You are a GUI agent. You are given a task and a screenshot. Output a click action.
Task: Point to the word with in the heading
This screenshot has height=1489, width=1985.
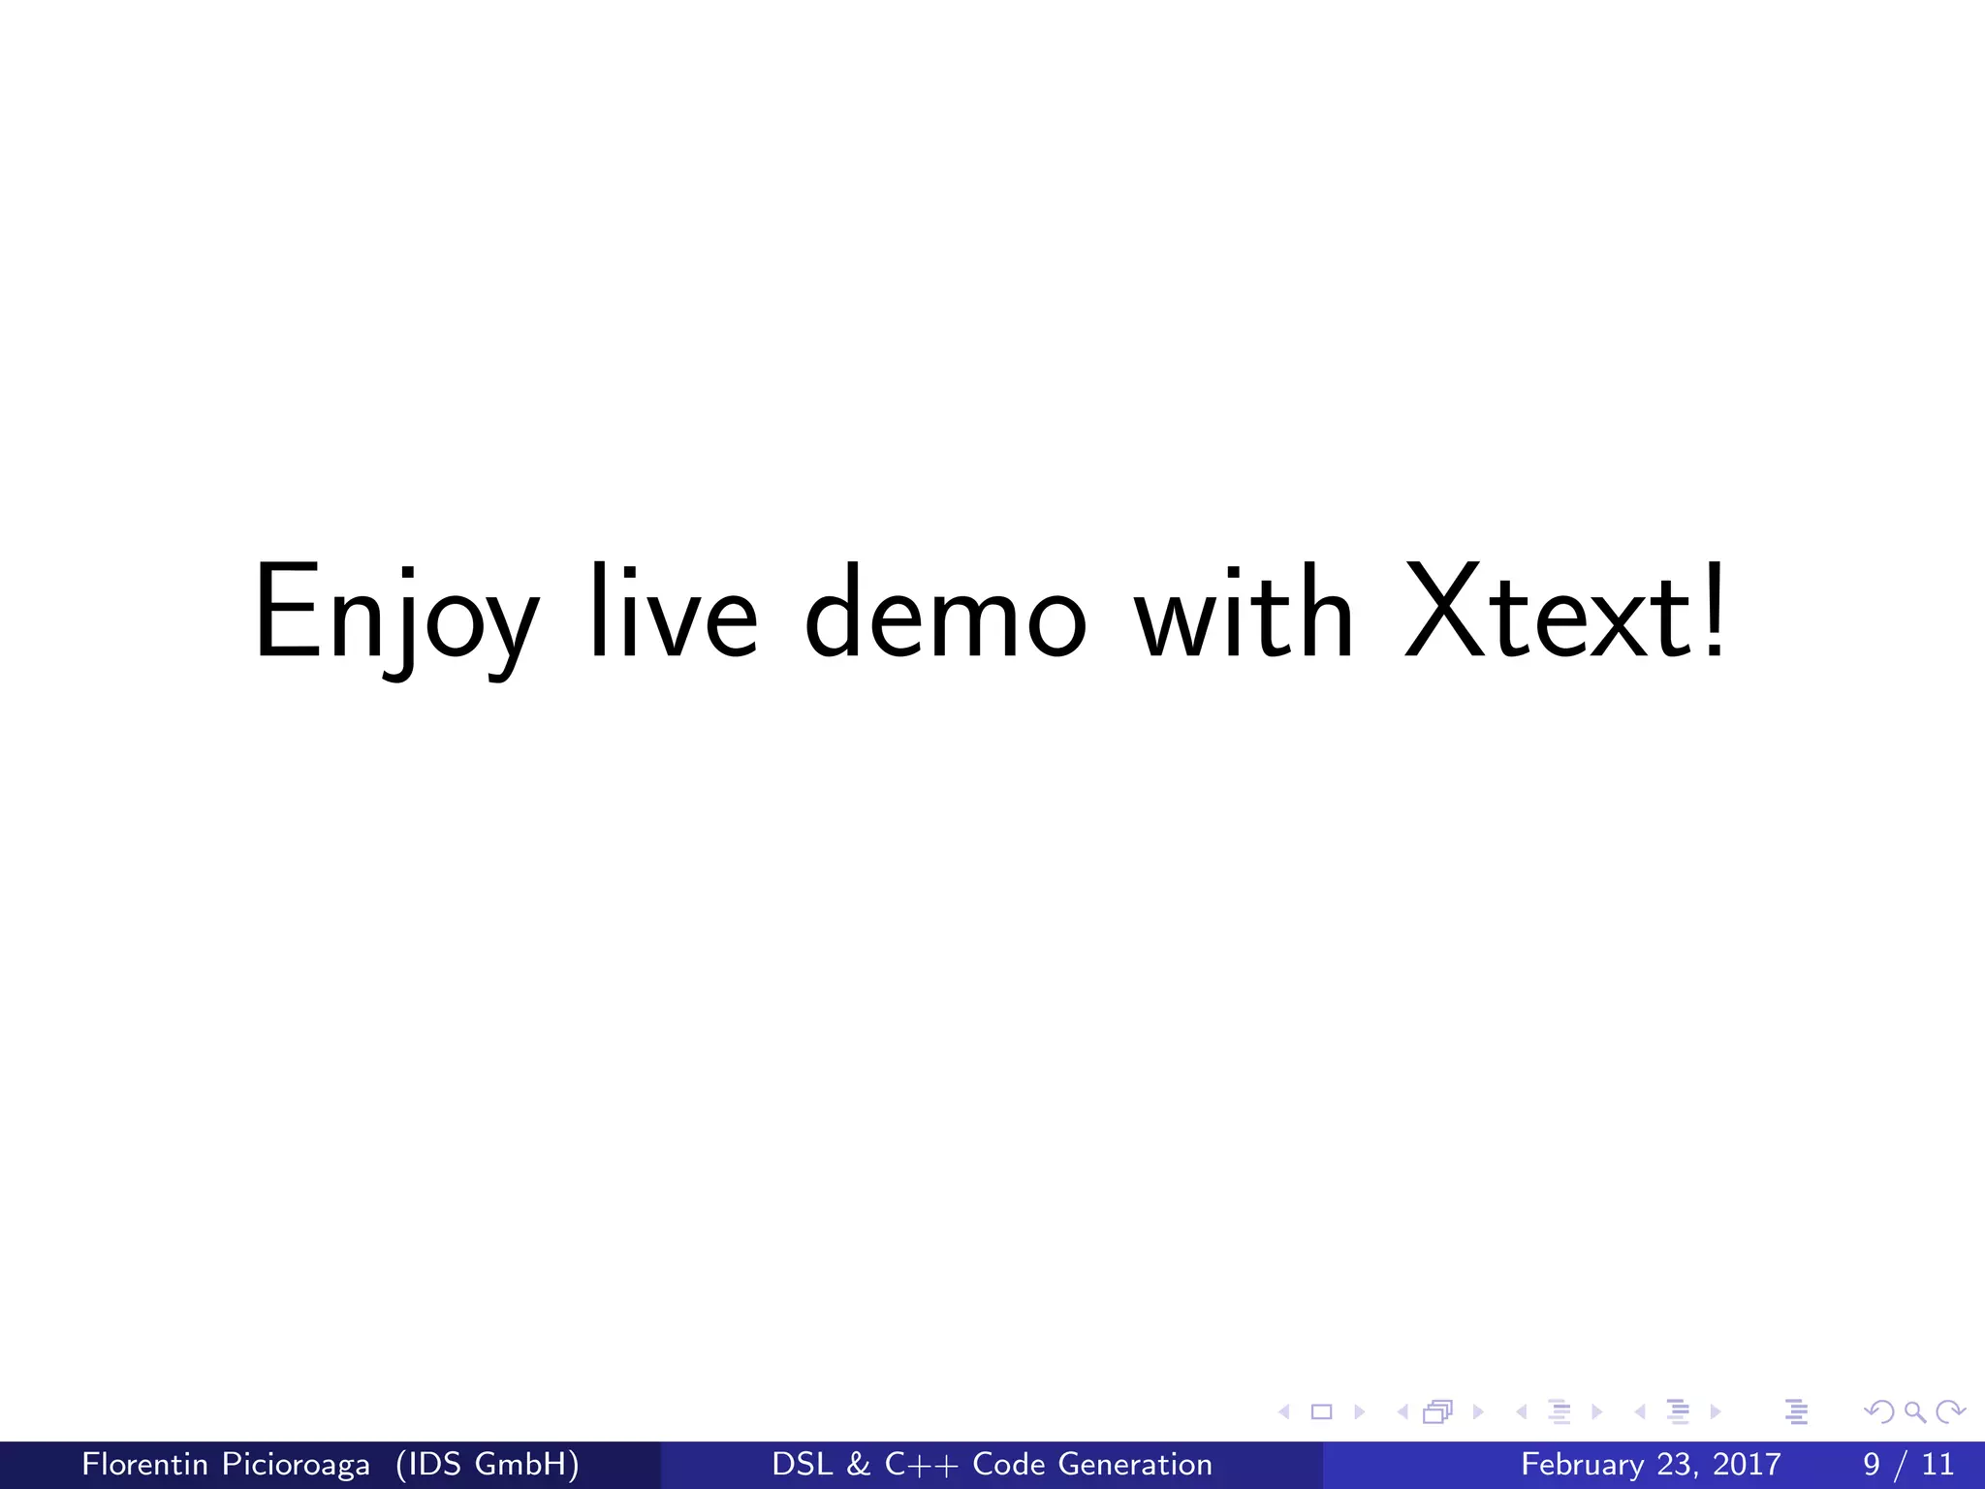pos(1244,613)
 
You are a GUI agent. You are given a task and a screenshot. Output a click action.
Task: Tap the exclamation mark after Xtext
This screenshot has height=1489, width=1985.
pos(1714,613)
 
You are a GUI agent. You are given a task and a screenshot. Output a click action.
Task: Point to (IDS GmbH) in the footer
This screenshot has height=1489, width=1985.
pos(488,1464)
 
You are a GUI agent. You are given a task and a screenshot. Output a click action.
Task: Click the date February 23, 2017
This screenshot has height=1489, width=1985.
pos(1651,1464)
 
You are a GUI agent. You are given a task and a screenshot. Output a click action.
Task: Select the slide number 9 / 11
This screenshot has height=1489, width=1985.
pos(1908,1464)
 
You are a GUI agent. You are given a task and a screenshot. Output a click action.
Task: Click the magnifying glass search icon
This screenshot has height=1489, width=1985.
pos(1914,1412)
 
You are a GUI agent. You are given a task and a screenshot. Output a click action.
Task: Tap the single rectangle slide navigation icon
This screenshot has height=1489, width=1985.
pos(1321,1412)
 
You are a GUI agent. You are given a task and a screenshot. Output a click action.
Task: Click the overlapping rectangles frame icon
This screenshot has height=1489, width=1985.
pos(1438,1412)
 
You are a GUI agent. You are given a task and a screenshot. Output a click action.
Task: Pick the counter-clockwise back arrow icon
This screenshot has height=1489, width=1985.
pos(1879,1412)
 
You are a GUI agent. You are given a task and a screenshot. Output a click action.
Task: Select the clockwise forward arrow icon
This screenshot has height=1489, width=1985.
pos(1950,1412)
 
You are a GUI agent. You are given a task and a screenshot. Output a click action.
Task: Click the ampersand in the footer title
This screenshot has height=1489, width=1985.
pos(858,1464)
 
